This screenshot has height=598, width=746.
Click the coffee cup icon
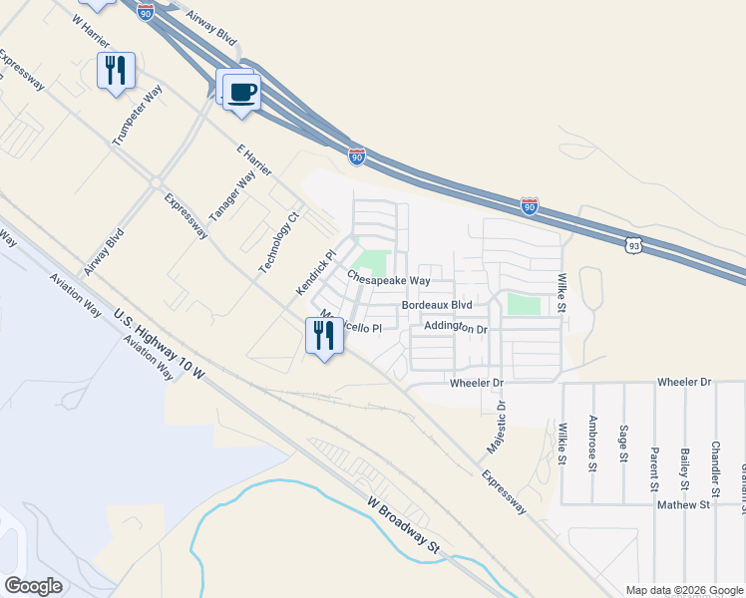click(x=240, y=93)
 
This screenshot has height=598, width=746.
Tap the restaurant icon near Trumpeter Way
click(x=116, y=70)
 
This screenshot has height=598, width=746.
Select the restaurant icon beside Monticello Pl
click(x=323, y=334)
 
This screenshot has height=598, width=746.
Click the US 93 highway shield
click(x=635, y=243)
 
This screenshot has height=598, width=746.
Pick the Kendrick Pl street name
click(x=312, y=272)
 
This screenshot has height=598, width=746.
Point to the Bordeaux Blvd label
click(x=436, y=305)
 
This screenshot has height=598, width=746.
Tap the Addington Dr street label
click(x=455, y=327)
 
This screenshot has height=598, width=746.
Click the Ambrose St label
click(x=592, y=440)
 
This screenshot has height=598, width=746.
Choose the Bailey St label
click(x=685, y=441)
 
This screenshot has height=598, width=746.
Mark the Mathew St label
click(x=682, y=505)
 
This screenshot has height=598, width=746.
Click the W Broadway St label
click(x=403, y=524)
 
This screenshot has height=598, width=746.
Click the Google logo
click(x=33, y=586)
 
